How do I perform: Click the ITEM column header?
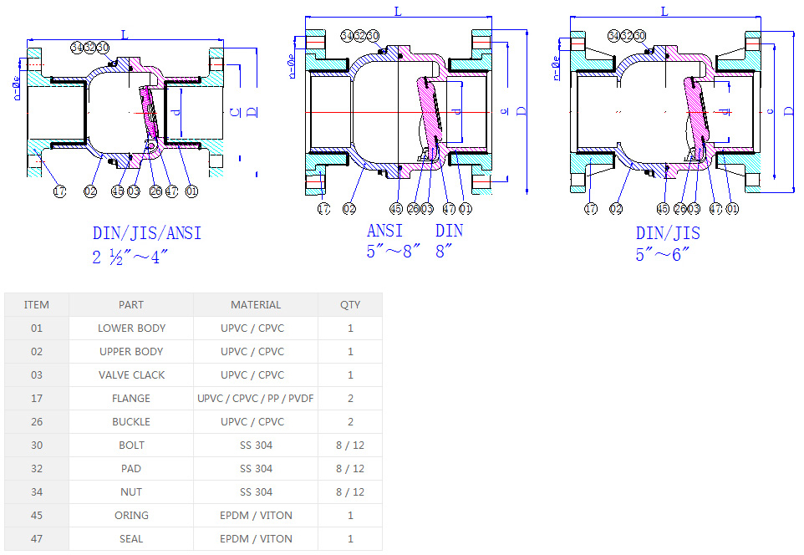(x=37, y=305)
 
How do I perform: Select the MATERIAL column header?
(x=256, y=305)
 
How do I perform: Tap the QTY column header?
(x=350, y=305)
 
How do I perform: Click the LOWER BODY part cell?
(x=131, y=328)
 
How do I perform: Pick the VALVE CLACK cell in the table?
(x=131, y=375)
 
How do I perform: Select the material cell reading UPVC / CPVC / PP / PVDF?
(x=256, y=399)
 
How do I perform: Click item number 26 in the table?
(x=37, y=422)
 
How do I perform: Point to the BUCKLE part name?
(x=131, y=422)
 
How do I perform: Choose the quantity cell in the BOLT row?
(x=350, y=446)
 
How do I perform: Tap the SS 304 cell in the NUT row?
(x=256, y=492)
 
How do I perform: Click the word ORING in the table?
(x=131, y=516)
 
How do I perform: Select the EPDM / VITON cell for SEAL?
(x=256, y=539)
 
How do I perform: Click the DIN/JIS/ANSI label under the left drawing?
(x=147, y=233)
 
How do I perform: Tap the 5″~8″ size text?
(x=392, y=252)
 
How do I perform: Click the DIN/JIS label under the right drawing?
(x=668, y=233)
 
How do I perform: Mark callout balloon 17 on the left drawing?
(x=59, y=191)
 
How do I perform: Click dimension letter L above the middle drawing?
(x=397, y=11)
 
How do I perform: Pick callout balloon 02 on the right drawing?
(x=617, y=209)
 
